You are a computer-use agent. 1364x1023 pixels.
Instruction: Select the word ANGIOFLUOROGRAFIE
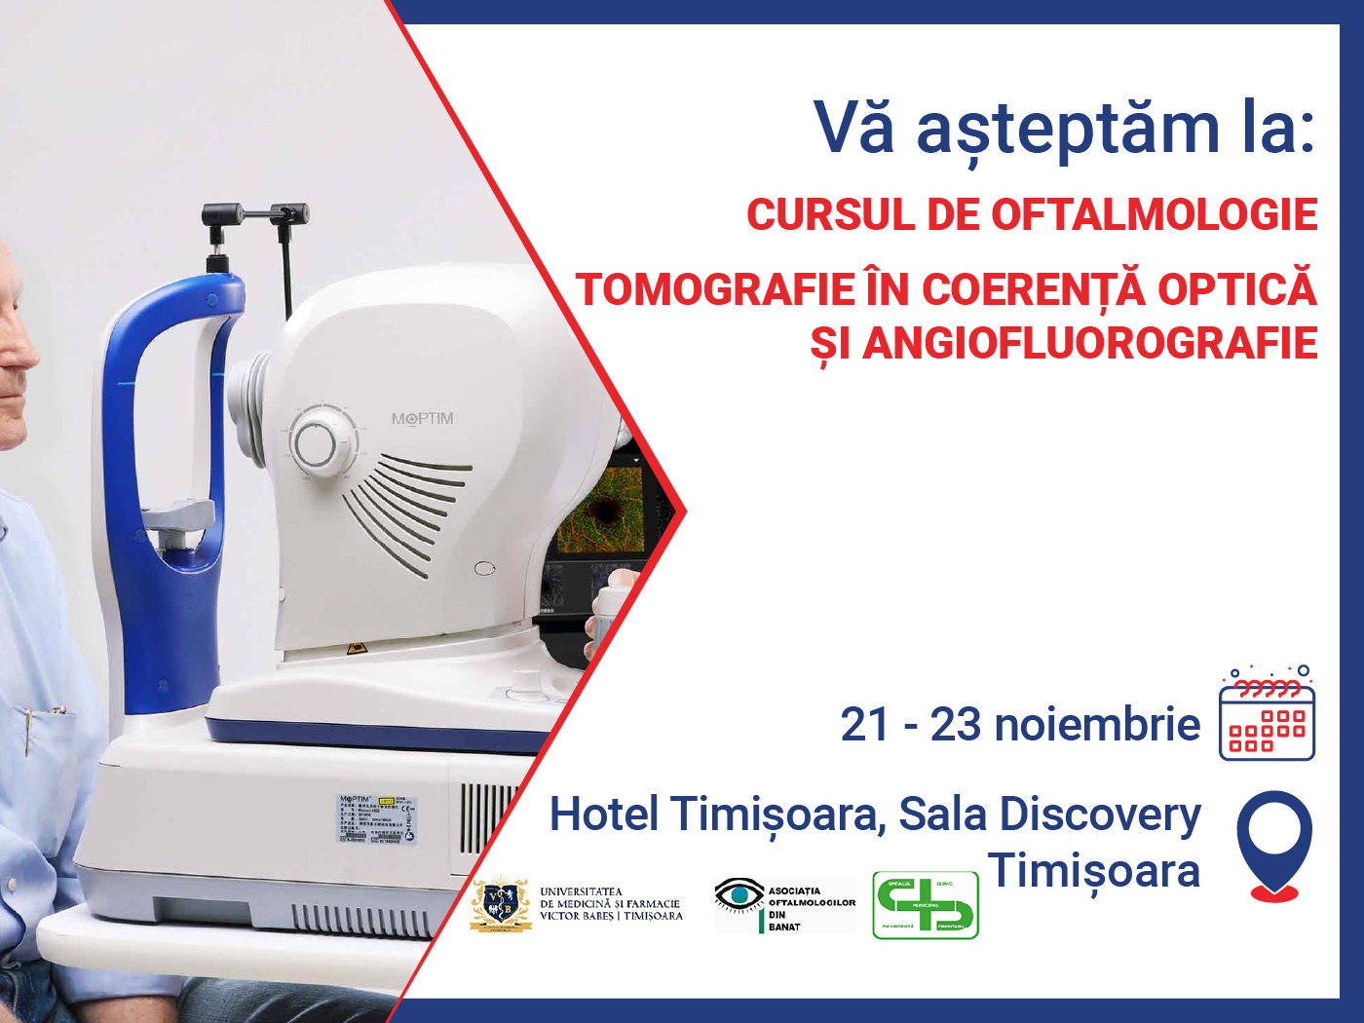pos(1089,343)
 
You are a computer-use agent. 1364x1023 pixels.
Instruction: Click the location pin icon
pos(1273,843)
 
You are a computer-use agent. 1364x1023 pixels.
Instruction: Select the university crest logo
pos(501,904)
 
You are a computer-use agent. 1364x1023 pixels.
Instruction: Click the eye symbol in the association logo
pos(739,893)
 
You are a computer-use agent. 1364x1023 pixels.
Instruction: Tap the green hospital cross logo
pos(925,905)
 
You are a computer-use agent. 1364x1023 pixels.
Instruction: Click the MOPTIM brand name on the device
pos(422,419)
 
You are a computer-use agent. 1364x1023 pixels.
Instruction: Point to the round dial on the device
pos(316,444)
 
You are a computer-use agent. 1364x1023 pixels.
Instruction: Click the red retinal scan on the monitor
pos(604,511)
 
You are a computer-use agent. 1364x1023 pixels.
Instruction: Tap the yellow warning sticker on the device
pos(355,648)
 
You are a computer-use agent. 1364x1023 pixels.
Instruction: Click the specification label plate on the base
pos(376,818)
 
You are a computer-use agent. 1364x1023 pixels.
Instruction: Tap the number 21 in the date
pos(864,725)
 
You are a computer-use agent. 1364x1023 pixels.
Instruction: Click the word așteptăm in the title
pos(1068,130)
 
